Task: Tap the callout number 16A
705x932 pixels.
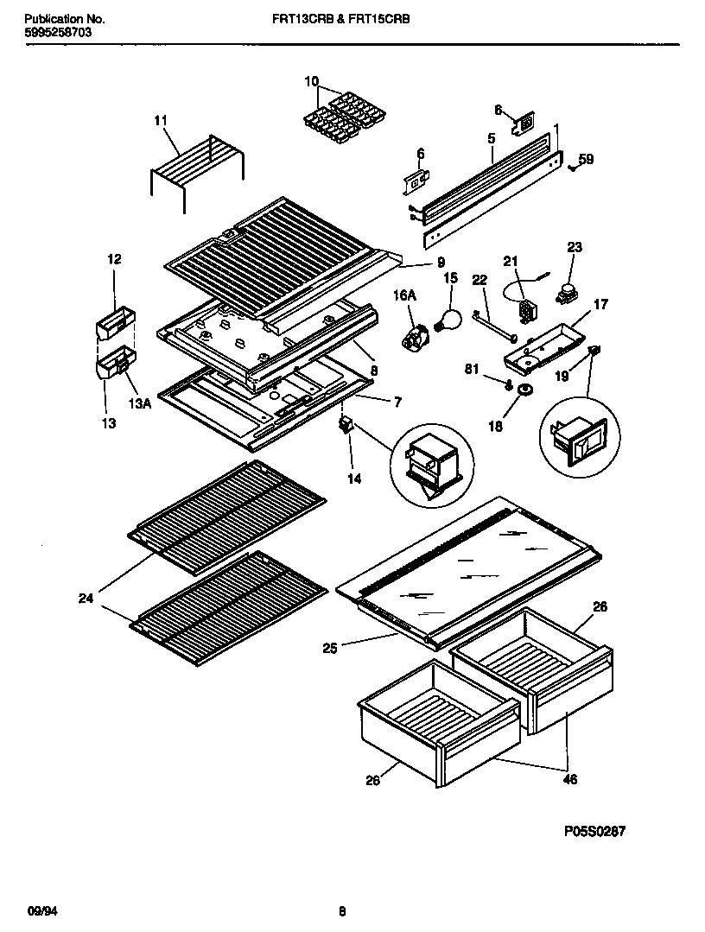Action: pos(405,295)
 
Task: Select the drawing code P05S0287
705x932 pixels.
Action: pos(594,831)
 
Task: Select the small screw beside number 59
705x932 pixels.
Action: pos(573,168)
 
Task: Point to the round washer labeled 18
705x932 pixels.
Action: pos(524,393)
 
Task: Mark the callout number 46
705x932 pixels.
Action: pos(569,779)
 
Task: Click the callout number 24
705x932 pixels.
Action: pos(85,597)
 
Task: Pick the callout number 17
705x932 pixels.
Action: pos(600,304)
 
